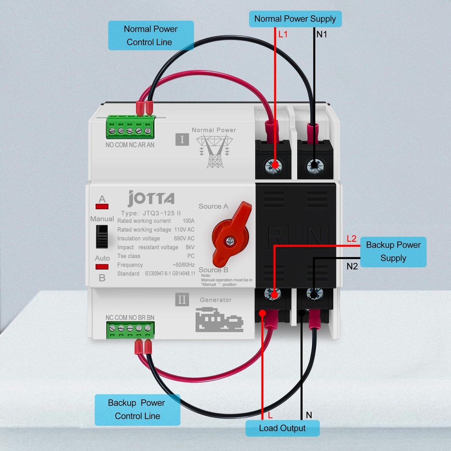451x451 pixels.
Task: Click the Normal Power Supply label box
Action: [295, 19]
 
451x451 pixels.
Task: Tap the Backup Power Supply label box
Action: [393, 252]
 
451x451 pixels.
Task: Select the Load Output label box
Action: [282, 428]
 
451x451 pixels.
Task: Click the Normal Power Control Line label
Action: [151, 35]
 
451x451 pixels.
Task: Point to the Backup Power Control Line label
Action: [137, 410]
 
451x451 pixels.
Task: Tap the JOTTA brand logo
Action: [151, 198]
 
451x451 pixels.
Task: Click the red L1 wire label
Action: [283, 34]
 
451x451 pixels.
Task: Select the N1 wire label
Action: [322, 34]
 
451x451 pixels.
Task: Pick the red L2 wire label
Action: [352, 239]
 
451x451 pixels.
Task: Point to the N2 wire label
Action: [352, 266]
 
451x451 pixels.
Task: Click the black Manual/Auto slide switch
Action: [102, 236]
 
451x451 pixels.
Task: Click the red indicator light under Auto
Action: [102, 267]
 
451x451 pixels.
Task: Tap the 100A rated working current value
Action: [188, 221]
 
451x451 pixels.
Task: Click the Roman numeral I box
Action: [182, 139]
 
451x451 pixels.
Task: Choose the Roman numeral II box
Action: [182, 300]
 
